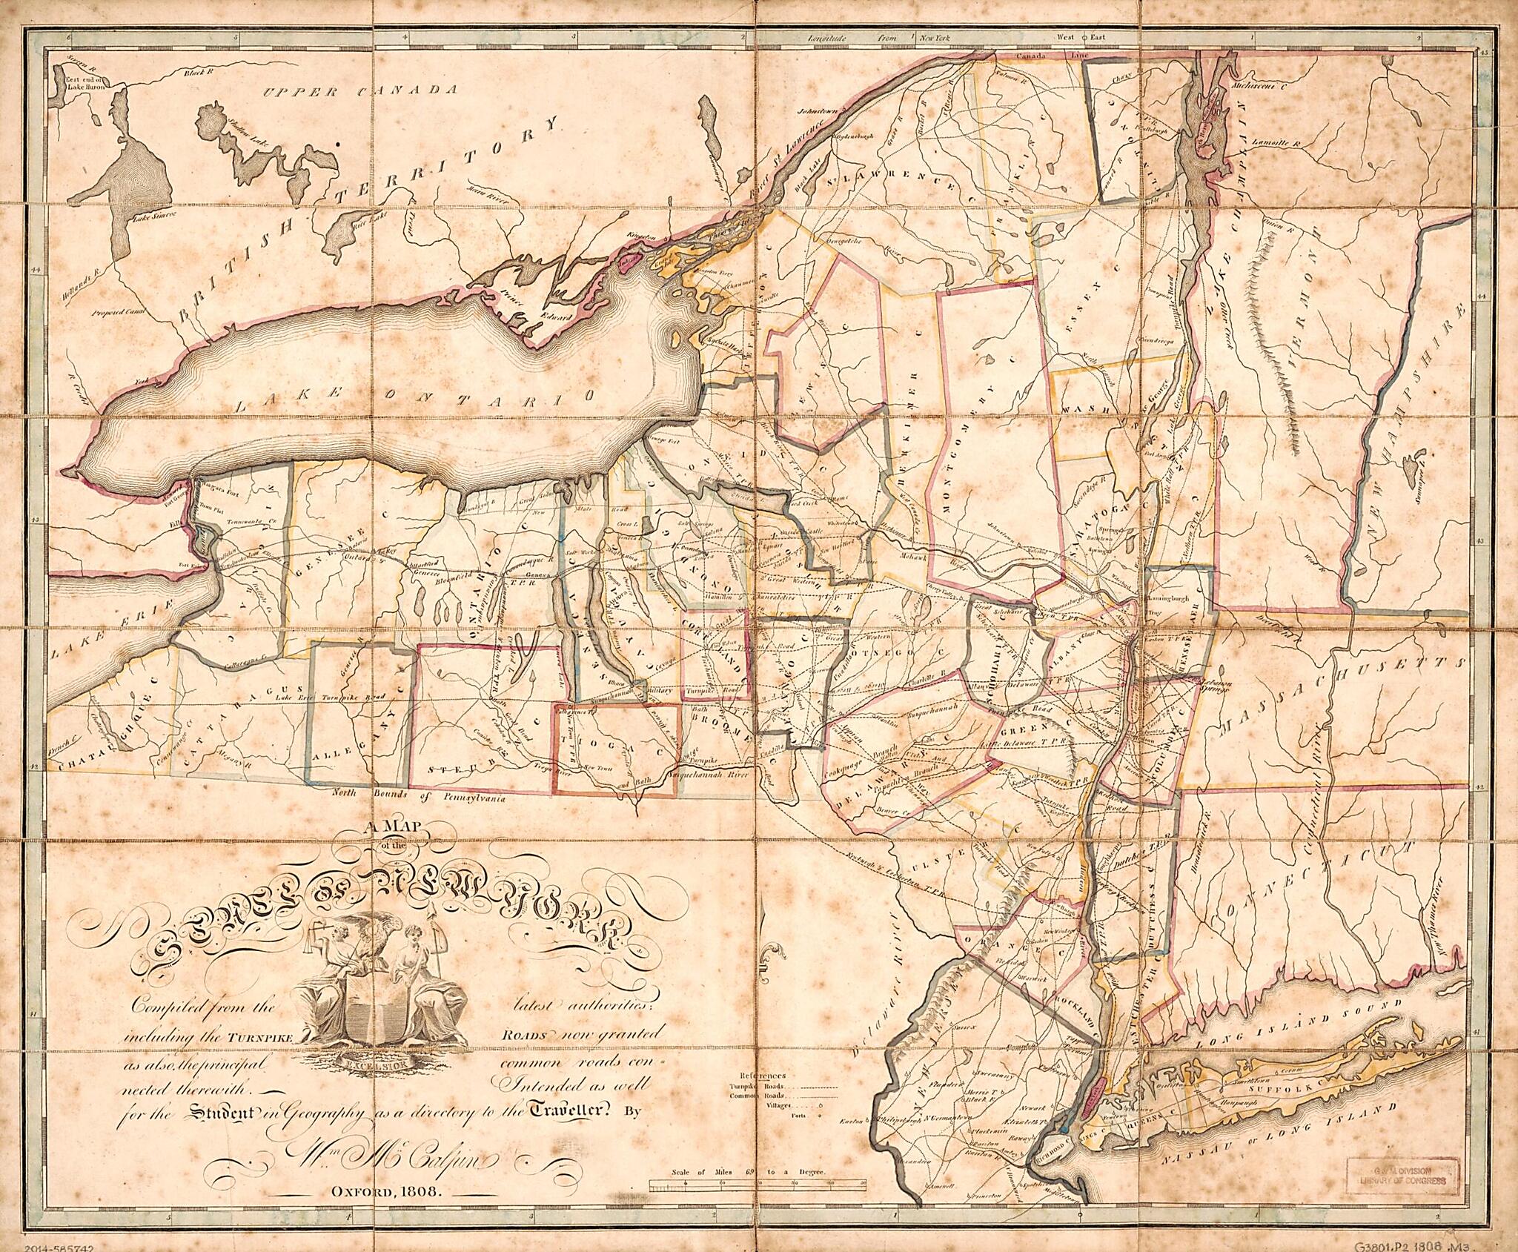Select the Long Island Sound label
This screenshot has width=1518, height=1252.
pos(1290,1016)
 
